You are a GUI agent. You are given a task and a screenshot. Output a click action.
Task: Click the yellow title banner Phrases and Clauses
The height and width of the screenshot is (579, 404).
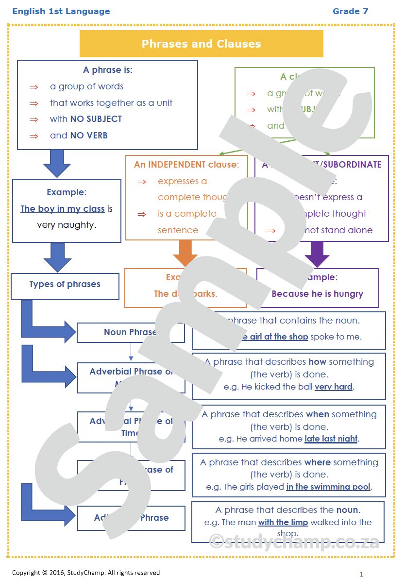tap(201, 44)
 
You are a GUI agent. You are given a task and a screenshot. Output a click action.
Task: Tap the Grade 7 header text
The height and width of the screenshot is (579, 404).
tap(350, 11)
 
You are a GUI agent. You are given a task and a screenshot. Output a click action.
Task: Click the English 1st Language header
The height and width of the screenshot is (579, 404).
tap(61, 11)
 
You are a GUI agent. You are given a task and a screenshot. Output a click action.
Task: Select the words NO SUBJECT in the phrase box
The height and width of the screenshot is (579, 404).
tap(96, 119)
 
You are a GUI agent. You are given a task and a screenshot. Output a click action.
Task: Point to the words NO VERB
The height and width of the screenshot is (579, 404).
tap(89, 136)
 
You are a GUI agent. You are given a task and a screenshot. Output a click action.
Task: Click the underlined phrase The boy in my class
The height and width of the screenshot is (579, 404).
tap(63, 209)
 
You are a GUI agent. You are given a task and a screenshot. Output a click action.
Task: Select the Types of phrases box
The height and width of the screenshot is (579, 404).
tap(65, 285)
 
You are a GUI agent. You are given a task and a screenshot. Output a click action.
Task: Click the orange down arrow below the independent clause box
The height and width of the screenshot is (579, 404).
tap(185, 254)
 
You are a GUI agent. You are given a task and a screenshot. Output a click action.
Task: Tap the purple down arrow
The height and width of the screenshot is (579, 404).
tap(317, 254)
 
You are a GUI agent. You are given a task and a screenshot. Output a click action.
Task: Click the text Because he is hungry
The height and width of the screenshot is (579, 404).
tap(317, 294)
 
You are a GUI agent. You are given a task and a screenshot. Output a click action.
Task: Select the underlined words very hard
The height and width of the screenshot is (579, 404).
tap(334, 387)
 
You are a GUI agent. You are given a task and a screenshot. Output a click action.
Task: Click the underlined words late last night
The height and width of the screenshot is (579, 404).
tap(331, 439)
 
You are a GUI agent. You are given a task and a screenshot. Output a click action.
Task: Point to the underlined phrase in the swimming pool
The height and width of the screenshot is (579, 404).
tap(328, 487)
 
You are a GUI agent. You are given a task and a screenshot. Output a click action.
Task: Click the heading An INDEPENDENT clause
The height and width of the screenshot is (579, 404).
tap(186, 165)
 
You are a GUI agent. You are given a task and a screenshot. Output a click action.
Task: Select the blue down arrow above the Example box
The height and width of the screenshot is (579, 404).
tap(57, 163)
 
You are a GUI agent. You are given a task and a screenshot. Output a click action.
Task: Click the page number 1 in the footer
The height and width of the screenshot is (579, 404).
tap(361, 574)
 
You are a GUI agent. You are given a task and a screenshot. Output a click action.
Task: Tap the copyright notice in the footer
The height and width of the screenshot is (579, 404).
tap(86, 573)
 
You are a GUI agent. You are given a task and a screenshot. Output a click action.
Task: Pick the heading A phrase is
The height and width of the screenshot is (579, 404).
tap(107, 70)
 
